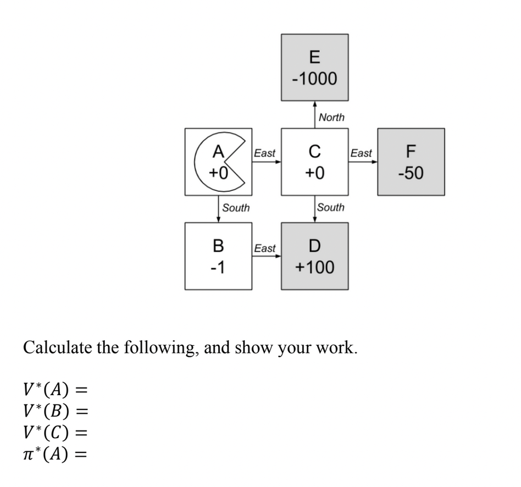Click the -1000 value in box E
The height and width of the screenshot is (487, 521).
tap(314, 79)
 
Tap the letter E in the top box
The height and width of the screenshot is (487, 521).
tap(314, 57)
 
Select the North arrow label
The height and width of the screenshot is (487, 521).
tap(331, 117)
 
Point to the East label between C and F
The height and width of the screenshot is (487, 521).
tap(361, 153)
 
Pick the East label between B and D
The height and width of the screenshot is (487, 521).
tap(265, 248)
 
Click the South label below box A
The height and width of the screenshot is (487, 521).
tap(235, 208)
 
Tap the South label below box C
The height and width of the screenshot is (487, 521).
tap(331, 207)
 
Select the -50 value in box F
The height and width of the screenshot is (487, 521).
tap(411, 174)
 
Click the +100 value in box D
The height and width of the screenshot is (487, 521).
tap(314, 268)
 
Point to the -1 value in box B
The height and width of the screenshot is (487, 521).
tap(218, 268)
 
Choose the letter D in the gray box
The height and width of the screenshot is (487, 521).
tap(314, 245)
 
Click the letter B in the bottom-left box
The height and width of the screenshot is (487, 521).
tap(218, 245)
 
